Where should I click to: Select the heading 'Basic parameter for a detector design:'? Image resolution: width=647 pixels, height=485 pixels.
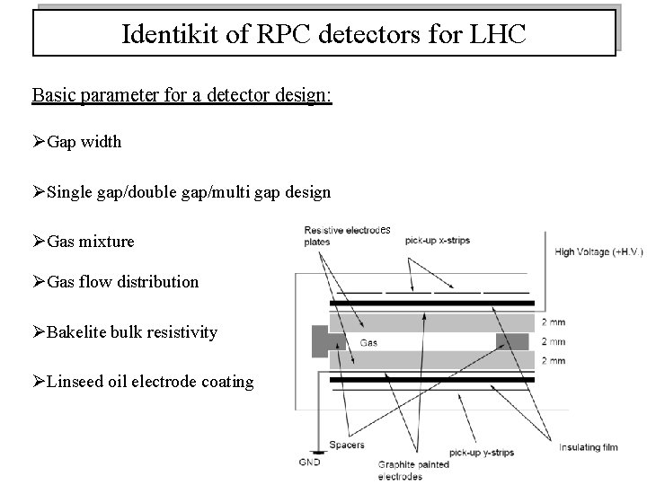coord(182,94)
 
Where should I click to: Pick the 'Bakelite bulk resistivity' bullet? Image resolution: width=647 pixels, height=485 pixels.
coord(131,332)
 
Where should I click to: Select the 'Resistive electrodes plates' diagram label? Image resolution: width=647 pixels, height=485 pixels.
coord(346,235)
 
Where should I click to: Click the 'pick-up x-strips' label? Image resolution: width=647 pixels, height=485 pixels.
coord(437,241)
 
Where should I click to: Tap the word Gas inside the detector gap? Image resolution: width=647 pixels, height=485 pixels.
coord(368,342)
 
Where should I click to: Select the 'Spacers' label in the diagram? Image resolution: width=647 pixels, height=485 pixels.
coord(346,445)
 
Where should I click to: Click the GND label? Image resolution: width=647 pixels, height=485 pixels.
coord(308,463)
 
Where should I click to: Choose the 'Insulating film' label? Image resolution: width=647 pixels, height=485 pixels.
coord(589,446)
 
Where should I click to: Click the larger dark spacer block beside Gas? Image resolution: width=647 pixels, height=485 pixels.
coord(321,340)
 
